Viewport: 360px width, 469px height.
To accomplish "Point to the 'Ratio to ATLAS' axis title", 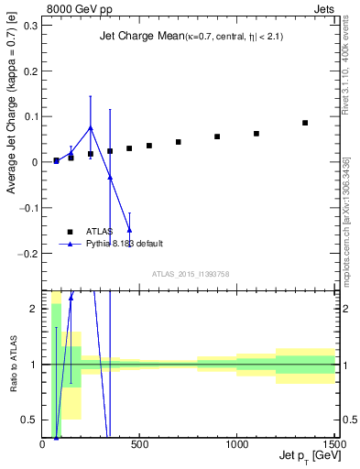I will (x=12, y=365).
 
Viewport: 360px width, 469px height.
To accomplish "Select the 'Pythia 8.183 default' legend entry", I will (x=125, y=244).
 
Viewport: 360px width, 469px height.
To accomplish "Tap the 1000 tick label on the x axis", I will (x=236, y=444).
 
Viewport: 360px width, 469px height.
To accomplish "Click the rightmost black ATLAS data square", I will (x=305, y=123).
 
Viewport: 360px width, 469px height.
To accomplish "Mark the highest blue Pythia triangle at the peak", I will (x=90, y=127).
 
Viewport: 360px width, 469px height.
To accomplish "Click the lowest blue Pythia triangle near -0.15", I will (x=129, y=229).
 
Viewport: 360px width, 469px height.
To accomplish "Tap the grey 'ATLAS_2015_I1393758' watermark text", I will (x=191, y=274).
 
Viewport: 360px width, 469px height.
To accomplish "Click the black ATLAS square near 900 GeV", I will (x=217, y=136).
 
